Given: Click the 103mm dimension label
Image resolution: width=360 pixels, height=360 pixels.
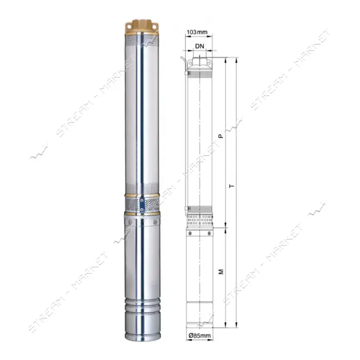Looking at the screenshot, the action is (x=197, y=32).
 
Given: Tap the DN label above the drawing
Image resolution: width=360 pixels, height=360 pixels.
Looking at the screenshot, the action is (x=200, y=46).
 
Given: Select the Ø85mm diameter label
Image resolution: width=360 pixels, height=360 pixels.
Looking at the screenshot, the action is (x=200, y=335).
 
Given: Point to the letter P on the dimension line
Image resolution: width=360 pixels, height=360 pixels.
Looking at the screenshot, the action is (x=221, y=136).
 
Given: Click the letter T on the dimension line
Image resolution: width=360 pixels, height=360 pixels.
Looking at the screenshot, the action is (x=232, y=186).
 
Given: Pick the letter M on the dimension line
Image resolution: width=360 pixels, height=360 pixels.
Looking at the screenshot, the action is (x=221, y=272).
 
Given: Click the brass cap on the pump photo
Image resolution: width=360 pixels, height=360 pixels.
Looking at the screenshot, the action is (x=142, y=28).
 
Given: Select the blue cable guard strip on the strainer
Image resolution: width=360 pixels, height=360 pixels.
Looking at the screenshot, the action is (x=142, y=205).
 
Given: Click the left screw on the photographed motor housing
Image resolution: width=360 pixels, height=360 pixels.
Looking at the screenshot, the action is (x=130, y=222).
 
